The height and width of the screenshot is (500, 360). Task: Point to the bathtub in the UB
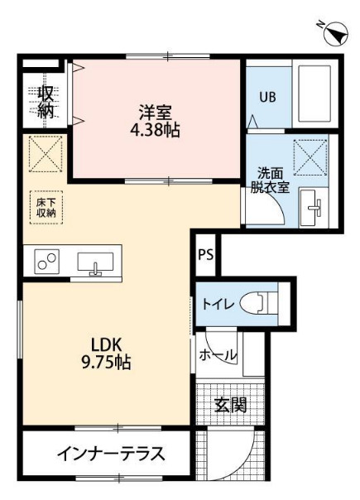[312, 93]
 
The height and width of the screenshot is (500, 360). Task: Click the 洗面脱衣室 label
[271, 180]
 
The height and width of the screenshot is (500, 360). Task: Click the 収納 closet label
[46, 99]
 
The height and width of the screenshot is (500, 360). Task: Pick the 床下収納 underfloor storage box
[45, 206]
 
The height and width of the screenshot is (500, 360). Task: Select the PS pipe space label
[205, 254]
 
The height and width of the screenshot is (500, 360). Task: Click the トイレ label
[219, 304]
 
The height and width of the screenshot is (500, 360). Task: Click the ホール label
[218, 356]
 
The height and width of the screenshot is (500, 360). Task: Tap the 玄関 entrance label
[230, 404]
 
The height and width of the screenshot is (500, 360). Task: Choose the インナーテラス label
[111, 454]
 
